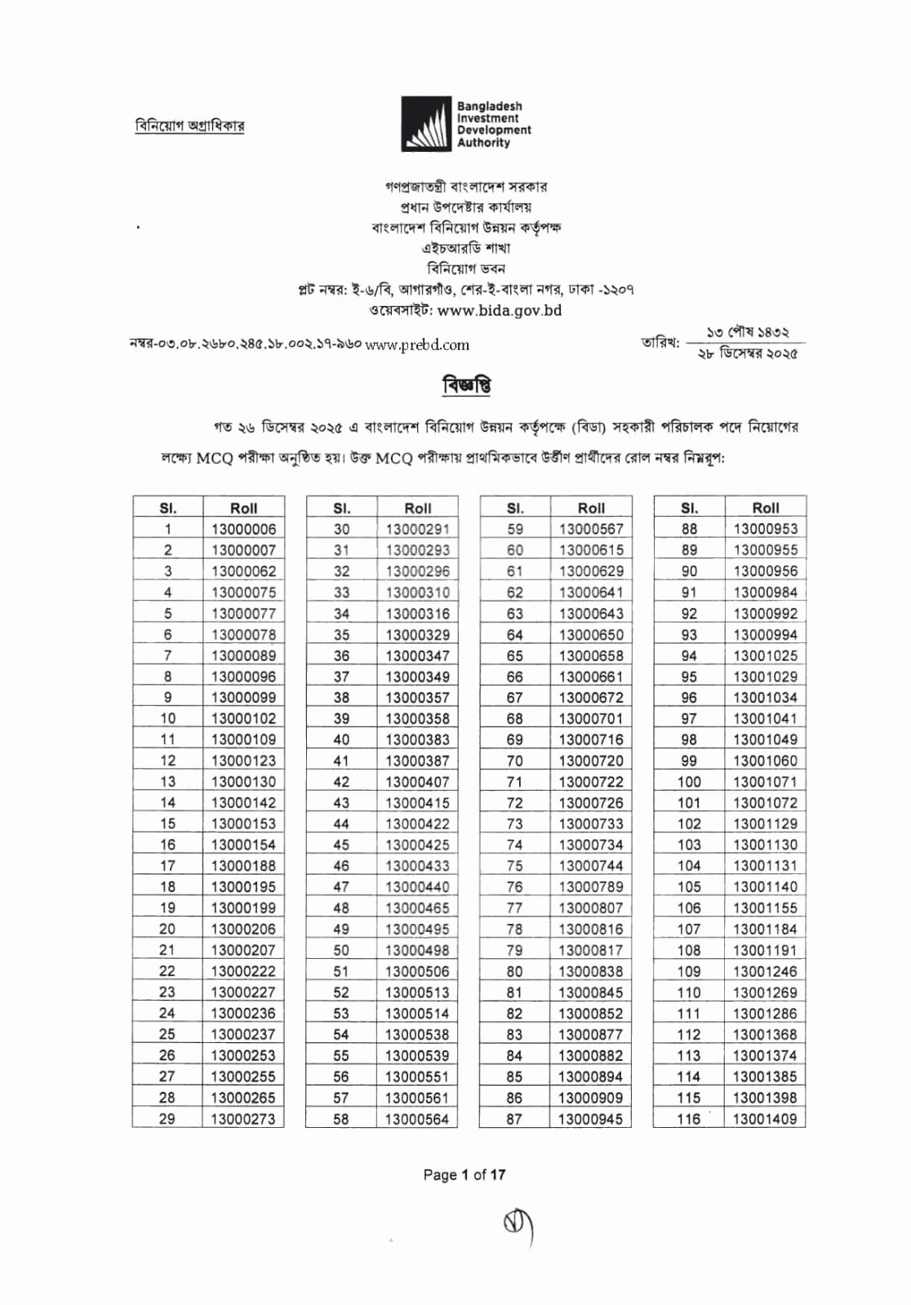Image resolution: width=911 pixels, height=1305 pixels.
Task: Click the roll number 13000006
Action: (243, 529)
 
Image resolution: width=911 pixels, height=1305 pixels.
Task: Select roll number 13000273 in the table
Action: (243, 1119)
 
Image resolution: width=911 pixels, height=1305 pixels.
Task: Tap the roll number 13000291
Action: (417, 529)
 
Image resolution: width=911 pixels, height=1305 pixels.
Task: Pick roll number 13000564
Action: (417, 1119)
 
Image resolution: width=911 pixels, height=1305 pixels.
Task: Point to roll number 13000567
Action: (591, 529)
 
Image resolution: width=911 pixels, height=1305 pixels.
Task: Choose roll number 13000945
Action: (591, 1119)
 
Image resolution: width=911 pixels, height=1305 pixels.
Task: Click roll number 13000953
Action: (765, 529)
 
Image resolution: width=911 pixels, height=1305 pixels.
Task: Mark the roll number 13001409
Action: (765, 1119)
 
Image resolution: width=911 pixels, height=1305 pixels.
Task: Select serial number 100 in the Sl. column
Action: (689, 782)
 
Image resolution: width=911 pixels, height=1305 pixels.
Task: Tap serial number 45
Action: (341, 845)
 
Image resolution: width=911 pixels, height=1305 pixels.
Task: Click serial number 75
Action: (514, 866)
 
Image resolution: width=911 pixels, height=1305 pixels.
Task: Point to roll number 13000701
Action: (591, 718)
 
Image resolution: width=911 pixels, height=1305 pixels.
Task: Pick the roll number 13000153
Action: (243, 823)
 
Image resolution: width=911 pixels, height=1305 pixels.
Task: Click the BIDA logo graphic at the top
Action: (425, 124)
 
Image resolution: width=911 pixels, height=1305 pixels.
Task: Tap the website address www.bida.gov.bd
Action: (500, 310)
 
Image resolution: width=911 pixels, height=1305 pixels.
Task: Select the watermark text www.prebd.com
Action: (417, 345)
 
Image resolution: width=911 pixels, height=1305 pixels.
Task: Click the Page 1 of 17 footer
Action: (464, 1174)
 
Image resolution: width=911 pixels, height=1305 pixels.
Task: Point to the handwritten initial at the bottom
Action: (518, 1227)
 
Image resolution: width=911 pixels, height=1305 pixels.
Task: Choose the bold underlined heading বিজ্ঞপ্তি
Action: (466, 385)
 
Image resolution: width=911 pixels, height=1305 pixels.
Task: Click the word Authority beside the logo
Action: (483, 143)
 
